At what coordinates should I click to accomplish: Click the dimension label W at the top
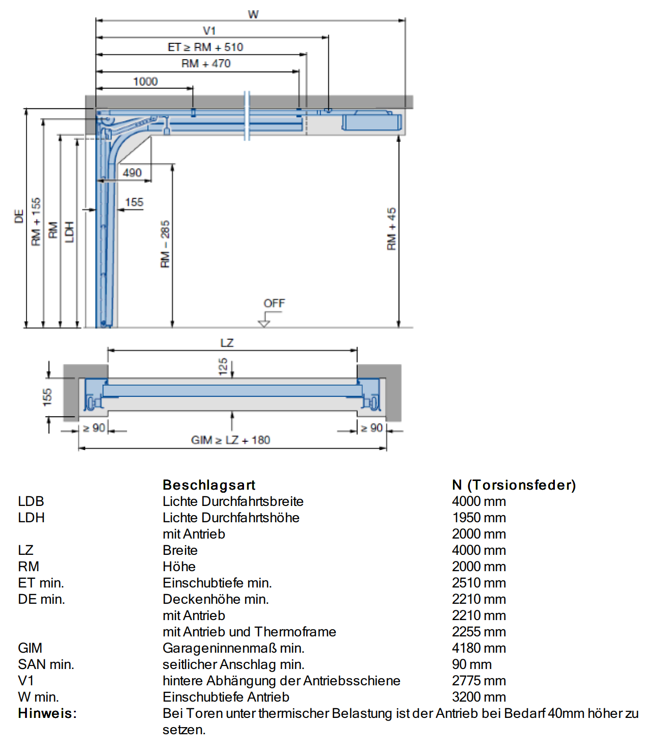[x=253, y=14]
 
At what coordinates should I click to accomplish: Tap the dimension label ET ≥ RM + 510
[x=205, y=47]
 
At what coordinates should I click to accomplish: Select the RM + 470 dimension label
[x=206, y=64]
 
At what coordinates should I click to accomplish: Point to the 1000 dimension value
[x=145, y=82]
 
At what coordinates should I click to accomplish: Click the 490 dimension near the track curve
[x=132, y=173]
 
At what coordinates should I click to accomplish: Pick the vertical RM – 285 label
[x=165, y=244]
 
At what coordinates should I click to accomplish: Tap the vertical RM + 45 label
[x=391, y=229]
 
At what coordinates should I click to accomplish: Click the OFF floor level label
[x=274, y=303]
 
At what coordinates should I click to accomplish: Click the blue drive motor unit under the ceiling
[x=371, y=122]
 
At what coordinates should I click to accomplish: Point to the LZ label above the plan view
[x=227, y=343]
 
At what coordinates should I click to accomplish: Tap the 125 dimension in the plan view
[x=223, y=366]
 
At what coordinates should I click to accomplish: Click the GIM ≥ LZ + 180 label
[x=230, y=440]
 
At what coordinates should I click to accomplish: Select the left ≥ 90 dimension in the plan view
[x=94, y=427]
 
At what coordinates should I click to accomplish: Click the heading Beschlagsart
[x=209, y=485]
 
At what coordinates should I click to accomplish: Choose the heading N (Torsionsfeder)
[x=514, y=485]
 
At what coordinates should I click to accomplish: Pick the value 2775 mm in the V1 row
[x=479, y=681]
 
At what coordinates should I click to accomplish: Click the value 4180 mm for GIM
[x=479, y=648]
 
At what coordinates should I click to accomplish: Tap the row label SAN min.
[x=46, y=664]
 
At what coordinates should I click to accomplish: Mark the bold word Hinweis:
[x=47, y=713]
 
